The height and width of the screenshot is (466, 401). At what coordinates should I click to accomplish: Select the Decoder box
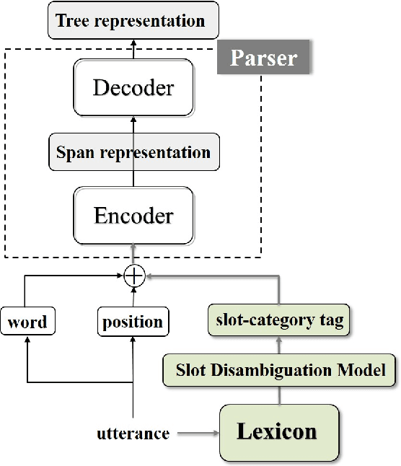(x=133, y=88)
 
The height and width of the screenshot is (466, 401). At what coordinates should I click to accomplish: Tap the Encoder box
(x=133, y=215)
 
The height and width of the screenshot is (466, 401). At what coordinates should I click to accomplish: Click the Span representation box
(x=133, y=152)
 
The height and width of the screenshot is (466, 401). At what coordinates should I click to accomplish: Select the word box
(x=27, y=322)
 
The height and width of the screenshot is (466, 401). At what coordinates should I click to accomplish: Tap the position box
(x=133, y=322)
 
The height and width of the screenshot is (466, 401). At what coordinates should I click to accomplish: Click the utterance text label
(x=133, y=434)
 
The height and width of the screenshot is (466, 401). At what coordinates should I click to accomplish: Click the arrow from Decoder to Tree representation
(x=133, y=48)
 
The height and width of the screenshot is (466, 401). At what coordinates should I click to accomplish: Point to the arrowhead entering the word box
(x=27, y=341)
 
